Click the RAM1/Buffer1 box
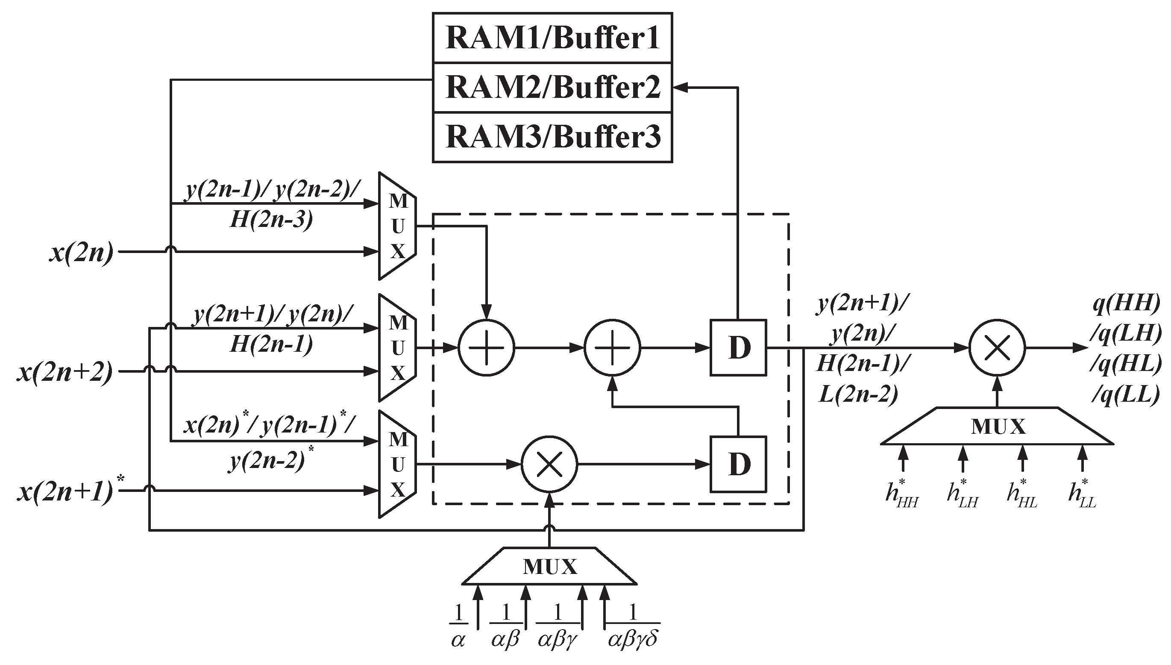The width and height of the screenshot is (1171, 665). tap(552, 38)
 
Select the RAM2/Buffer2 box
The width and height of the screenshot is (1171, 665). tap(552, 87)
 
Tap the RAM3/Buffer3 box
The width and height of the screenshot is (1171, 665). tap(552, 137)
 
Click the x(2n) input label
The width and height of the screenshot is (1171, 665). tap(81, 252)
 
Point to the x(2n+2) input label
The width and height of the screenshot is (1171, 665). tap(65, 372)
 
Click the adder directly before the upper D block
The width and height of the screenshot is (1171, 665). tap(613, 348)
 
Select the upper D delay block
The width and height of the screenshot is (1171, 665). tap(738, 348)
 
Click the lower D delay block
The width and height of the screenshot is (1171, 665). tap(738, 465)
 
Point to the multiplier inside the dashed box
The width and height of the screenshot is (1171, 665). tap(549, 465)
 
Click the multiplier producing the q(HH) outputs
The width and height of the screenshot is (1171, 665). tap(997, 348)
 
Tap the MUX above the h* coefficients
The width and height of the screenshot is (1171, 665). tap(997, 427)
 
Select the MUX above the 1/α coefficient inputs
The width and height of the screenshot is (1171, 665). tap(549, 566)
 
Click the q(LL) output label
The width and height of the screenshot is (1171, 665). tap(1126, 394)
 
